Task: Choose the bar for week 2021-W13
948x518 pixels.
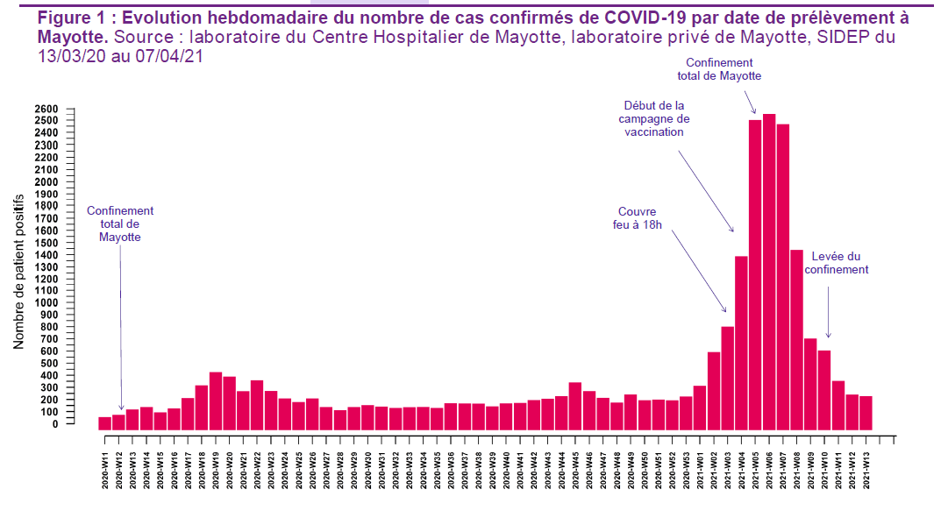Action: pyautogui.click(x=866, y=413)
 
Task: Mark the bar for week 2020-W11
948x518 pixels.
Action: pyautogui.click(x=105, y=423)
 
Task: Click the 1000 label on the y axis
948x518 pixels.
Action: pyautogui.click(x=47, y=302)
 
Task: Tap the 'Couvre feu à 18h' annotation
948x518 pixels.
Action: pyautogui.click(x=638, y=218)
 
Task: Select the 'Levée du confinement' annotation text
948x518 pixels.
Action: pyautogui.click(x=837, y=263)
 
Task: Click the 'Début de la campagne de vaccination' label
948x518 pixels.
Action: pyautogui.click(x=654, y=118)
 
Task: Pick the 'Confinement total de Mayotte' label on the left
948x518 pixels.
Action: pyautogui.click(x=120, y=224)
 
